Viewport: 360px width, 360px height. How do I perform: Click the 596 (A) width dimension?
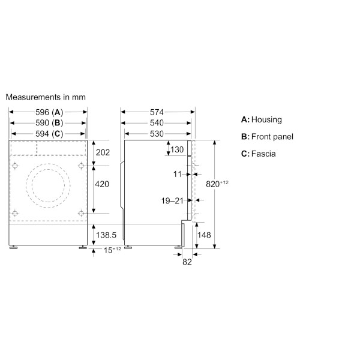pyautogui.click(x=49, y=112)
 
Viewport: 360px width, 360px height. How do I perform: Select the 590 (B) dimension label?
pyautogui.click(x=49, y=123)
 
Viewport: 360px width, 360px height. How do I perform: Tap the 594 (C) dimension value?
pyautogui.click(x=49, y=134)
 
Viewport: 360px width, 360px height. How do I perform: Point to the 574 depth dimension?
pyautogui.click(x=157, y=112)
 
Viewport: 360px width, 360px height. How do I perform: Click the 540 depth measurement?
pyautogui.click(x=157, y=123)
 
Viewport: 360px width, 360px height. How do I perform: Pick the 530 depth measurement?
pyautogui.click(x=157, y=134)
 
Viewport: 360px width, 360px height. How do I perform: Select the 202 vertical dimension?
pyautogui.click(x=103, y=152)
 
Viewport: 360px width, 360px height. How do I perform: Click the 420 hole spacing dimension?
pyautogui.click(x=103, y=184)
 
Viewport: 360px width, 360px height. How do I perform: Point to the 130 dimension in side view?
pyautogui.click(x=177, y=149)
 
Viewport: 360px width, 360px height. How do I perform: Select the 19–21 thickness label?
pyautogui.click(x=172, y=201)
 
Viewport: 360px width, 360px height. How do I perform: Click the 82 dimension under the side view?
pyautogui.click(x=187, y=262)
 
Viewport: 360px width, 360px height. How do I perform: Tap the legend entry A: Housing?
pyautogui.click(x=261, y=120)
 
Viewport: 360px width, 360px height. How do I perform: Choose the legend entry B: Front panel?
pyautogui.click(x=267, y=137)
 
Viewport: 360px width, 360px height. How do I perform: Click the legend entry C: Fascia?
pyautogui.click(x=259, y=154)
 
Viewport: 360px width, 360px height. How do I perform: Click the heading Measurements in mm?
pyautogui.click(x=46, y=97)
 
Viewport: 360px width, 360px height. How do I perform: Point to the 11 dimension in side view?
pyautogui.click(x=178, y=173)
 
